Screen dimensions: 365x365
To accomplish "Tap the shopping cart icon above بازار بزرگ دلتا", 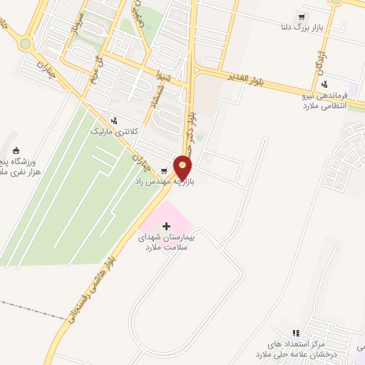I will pos(304,16).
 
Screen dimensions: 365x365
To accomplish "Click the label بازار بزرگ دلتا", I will pos(304,28).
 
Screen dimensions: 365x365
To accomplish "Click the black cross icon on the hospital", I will pos(167,226).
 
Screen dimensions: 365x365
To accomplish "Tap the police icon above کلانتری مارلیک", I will pos(113,120).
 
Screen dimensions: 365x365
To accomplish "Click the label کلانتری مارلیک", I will pos(110,132).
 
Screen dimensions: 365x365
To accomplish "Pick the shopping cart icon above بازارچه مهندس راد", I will pos(165,170).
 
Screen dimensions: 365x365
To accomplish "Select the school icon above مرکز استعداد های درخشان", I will pos(297,332).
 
